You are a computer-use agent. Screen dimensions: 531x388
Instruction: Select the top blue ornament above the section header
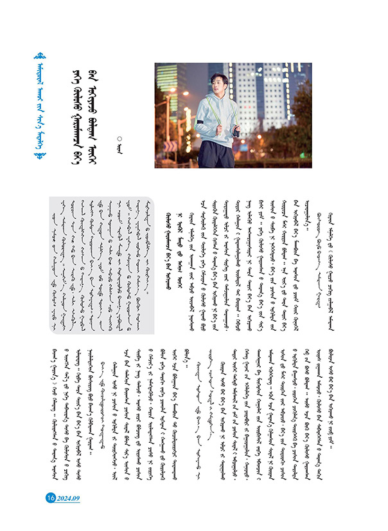pos(43,56)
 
